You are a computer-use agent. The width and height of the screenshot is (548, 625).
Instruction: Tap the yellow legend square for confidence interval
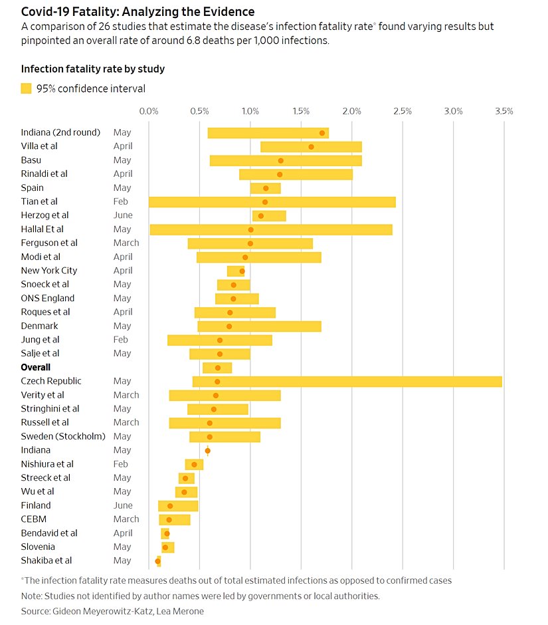tap(27, 88)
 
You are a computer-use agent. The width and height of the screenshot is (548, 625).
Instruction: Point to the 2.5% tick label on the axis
tap(403, 111)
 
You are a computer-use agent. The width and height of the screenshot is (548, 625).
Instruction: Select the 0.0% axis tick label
tap(149, 111)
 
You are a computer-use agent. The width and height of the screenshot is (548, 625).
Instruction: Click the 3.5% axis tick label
tap(504, 111)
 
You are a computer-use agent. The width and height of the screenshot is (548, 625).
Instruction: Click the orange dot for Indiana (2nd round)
tap(322, 133)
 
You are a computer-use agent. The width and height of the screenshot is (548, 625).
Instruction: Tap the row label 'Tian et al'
tap(39, 201)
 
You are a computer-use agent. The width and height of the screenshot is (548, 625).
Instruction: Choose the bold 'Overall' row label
tap(36, 367)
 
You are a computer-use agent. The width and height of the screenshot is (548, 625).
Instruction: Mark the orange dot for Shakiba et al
tap(157, 561)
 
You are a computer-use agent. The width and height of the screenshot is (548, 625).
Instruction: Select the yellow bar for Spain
tap(265, 188)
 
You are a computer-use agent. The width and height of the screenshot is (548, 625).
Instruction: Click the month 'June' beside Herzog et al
tap(123, 215)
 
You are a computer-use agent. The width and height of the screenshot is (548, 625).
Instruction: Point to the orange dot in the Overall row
tap(217, 368)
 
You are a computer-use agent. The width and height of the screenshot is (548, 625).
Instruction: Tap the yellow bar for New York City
tap(235, 271)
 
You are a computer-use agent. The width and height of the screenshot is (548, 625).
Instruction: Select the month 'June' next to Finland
tap(123, 505)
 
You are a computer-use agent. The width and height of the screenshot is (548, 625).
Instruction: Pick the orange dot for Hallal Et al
tap(250, 229)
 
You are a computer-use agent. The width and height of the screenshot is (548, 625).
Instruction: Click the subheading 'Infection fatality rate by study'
tap(93, 69)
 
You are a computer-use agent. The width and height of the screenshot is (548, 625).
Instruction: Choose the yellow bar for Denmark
tap(259, 326)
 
